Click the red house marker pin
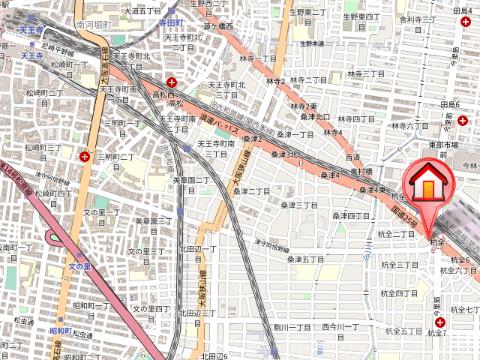coord(427,187)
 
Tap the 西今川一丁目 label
coord(339,327)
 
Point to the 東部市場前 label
coord(451,145)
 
